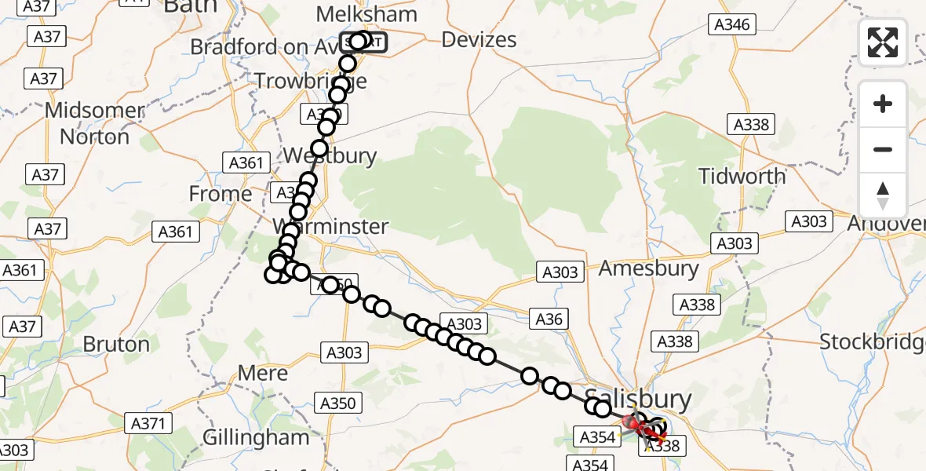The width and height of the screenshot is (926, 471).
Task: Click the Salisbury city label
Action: pyautogui.click(x=638, y=398)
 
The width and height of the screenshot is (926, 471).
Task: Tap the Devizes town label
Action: pyautogui.click(x=479, y=39)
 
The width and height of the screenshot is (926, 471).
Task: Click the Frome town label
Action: pyautogui.click(x=221, y=193)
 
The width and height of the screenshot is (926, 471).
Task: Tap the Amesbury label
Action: pyautogui.click(x=648, y=268)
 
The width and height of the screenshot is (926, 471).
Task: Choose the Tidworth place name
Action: pyautogui.click(x=742, y=176)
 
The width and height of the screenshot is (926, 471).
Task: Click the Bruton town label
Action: pyautogui.click(x=115, y=344)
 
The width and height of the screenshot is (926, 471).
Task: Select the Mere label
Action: pyautogui.click(x=262, y=373)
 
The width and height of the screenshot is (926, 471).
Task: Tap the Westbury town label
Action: pyautogui.click(x=330, y=155)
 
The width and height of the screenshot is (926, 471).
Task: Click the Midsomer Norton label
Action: pyautogui.click(x=95, y=123)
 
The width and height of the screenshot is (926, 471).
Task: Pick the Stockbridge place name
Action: pyautogui.click(x=872, y=341)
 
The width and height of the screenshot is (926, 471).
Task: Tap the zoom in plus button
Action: pyautogui.click(x=883, y=104)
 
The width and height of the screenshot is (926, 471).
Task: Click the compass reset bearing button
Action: pyautogui.click(x=883, y=195)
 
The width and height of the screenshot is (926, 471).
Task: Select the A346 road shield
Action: pyautogui.click(x=731, y=24)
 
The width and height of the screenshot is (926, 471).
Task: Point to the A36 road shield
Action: pyautogui.click(x=549, y=318)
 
